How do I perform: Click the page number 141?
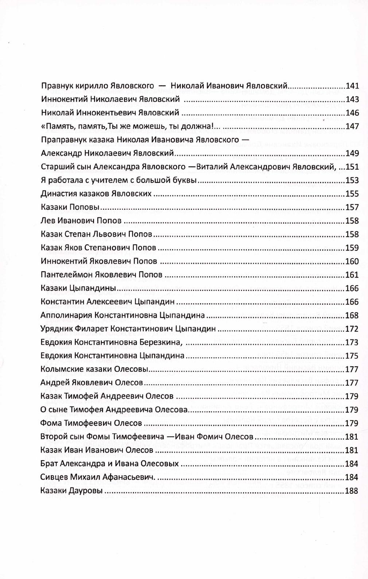[x=352, y=86]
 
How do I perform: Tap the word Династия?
[x=56, y=194]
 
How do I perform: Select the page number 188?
[x=352, y=491]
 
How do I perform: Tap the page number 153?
[x=352, y=180]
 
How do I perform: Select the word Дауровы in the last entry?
[x=86, y=491]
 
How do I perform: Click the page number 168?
[x=352, y=315]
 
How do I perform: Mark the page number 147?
[x=352, y=126]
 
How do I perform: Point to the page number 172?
[x=352, y=329]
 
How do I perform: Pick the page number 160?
[x=352, y=261]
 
